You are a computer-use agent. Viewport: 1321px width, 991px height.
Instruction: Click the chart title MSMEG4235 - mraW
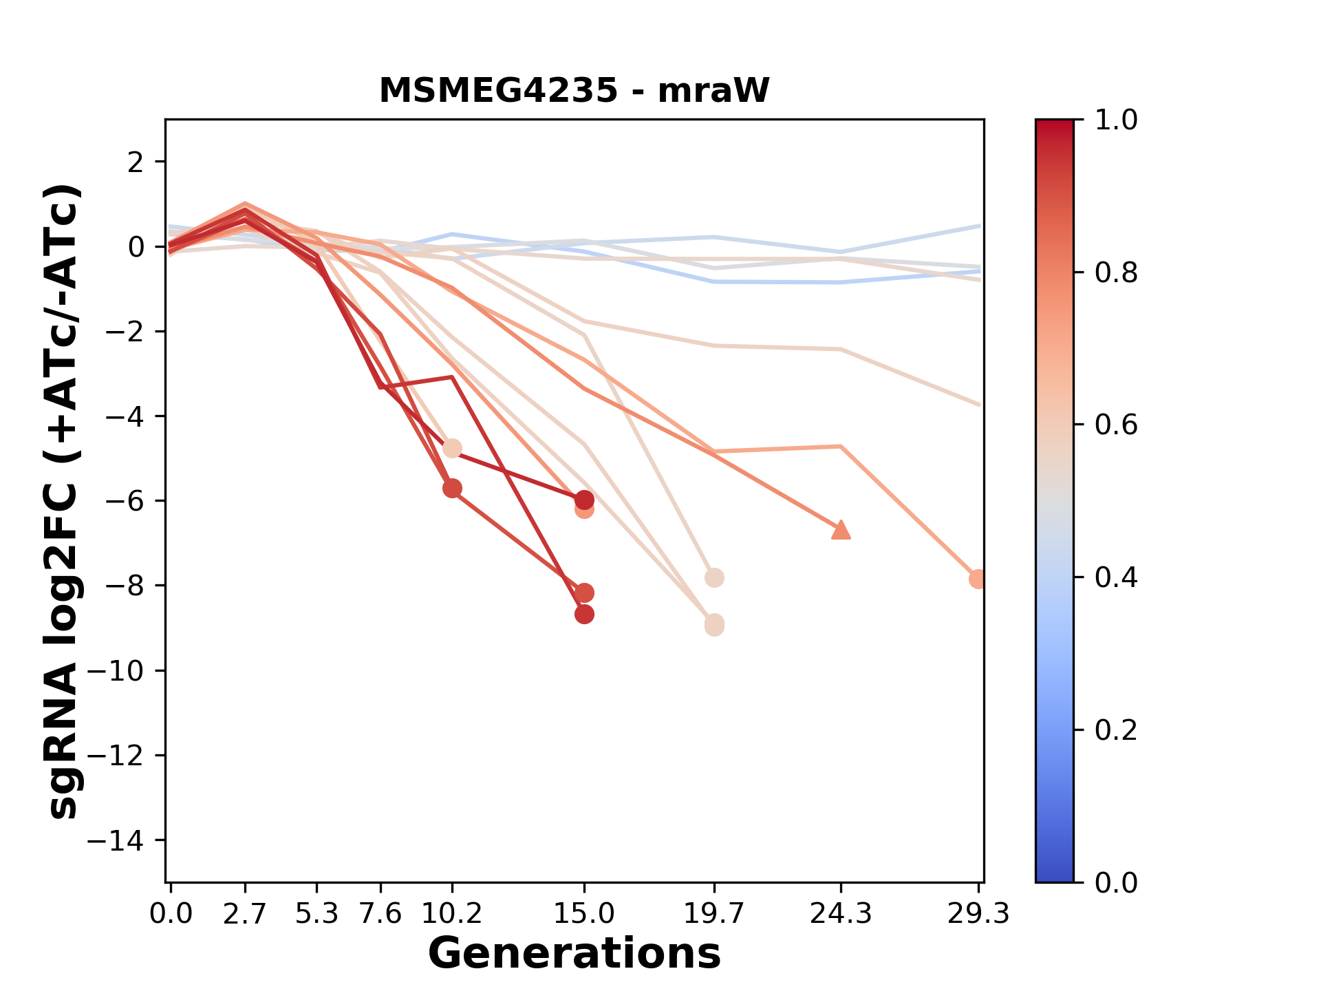574,90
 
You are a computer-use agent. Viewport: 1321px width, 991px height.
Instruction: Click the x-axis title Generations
574,953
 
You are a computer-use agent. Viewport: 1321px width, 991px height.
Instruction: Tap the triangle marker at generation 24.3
841,530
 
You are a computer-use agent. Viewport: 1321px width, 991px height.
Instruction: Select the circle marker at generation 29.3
978,579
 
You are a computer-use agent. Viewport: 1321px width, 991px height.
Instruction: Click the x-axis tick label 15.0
584,914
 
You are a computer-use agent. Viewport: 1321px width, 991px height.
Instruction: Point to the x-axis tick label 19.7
714,914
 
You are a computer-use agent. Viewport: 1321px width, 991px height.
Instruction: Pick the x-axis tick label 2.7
245,914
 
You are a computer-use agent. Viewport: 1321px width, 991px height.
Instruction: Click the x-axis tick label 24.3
841,914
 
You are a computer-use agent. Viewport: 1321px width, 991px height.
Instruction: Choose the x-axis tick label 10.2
451,914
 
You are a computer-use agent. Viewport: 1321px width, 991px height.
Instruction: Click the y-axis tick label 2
136,162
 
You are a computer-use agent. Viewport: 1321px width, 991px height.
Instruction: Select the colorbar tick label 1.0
1116,120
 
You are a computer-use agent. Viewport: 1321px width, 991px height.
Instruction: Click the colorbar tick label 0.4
1116,577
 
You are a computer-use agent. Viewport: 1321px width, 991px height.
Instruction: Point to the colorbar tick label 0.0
1116,882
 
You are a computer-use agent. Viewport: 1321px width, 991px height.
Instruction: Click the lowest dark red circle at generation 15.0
584,615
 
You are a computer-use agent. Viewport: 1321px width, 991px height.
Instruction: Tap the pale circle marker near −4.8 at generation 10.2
452,449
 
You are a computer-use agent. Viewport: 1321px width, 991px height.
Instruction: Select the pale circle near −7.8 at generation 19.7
714,577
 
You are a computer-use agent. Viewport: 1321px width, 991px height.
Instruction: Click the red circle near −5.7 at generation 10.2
452,489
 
